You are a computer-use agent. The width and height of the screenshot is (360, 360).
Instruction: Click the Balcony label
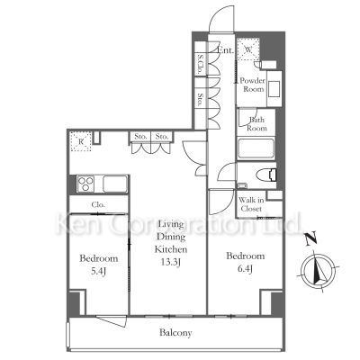(x=176, y=333)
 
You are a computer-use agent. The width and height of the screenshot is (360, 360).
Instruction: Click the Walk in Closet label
(x=251, y=204)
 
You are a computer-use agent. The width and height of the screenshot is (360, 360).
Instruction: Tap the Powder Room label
(x=252, y=85)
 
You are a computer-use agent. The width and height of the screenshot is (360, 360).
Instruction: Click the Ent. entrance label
(x=227, y=51)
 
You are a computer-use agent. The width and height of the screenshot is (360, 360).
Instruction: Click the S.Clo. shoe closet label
(x=199, y=67)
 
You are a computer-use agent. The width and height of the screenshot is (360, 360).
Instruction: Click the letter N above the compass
(x=310, y=239)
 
